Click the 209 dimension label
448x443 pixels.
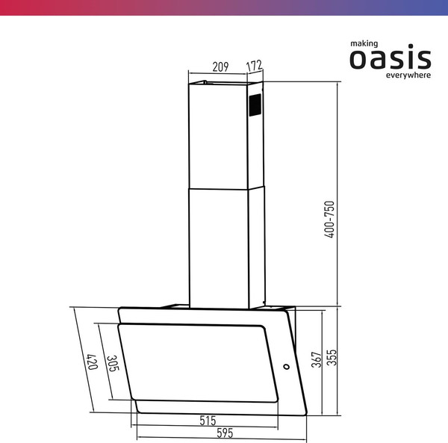coord(220,67)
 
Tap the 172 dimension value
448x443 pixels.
coord(255,67)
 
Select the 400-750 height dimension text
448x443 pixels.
coord(329,220)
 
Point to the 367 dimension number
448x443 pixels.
coord(316,359)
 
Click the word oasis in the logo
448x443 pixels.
coord(391,58)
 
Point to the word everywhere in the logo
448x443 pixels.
coord(408,75)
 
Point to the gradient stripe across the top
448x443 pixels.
coord(224,7)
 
